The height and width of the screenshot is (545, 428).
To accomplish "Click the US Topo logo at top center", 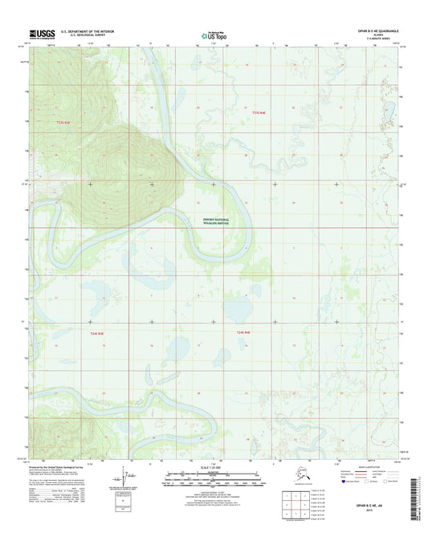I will tap(213, 35).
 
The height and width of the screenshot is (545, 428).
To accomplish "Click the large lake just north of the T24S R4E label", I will tap(238, 309).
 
